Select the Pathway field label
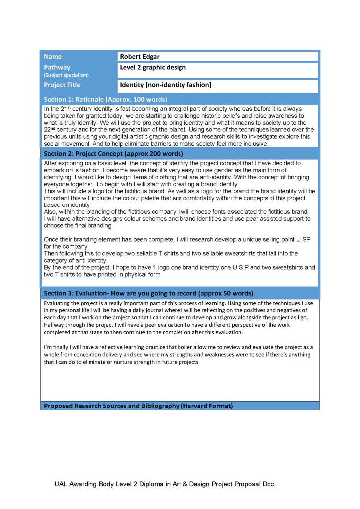[x=57, y=67]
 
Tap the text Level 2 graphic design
[x=153, y=67]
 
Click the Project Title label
[x=62, y=85]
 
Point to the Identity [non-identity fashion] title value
[x=166, y=85]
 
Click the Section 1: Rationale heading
[x=105, y=99]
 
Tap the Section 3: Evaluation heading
[x=148, y=293]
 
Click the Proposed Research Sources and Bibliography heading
[x=138, y=406]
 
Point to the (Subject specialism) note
[x=66, y=75]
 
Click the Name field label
[x=53, y=57]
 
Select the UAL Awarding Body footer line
[x=165, y=484]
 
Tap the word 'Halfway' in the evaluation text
[x=55, y=325]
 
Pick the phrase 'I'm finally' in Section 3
[x=57, y=347]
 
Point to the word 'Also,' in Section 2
[x=51, y=211]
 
